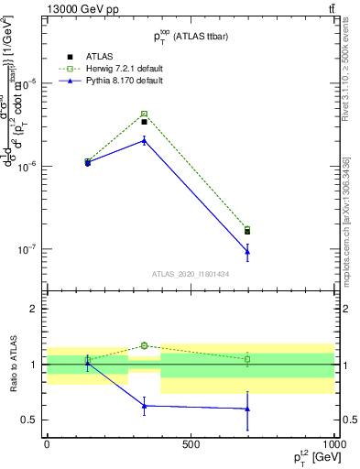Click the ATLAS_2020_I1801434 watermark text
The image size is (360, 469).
[x=189, y=274]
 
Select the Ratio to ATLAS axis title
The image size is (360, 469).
[x=11, y=365]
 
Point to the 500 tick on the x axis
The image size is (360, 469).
[x=191, y=444]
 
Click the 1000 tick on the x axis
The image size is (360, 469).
[x=332, y=444]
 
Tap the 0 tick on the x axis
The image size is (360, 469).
[x=47, y=444]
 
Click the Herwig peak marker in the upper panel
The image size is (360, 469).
[x=144, y=115]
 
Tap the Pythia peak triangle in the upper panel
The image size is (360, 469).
[x=144, y=140]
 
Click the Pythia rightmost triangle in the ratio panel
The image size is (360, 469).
[x=247, y=409]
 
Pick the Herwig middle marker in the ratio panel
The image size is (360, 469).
[x=144, y=345]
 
